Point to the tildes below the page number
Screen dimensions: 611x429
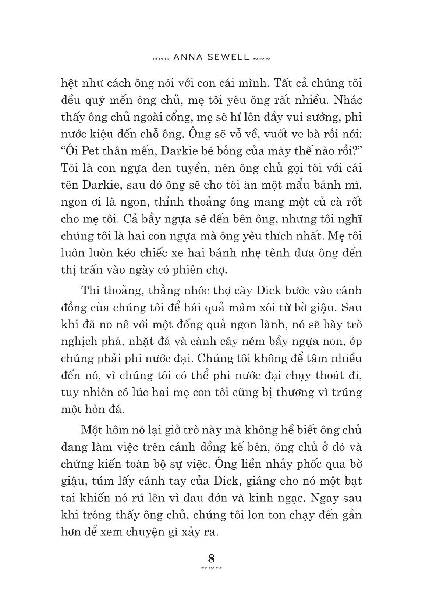(x=212, y=568)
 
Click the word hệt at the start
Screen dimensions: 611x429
(x=69, y=83)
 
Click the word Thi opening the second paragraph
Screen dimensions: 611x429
(x=90, y=291)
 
